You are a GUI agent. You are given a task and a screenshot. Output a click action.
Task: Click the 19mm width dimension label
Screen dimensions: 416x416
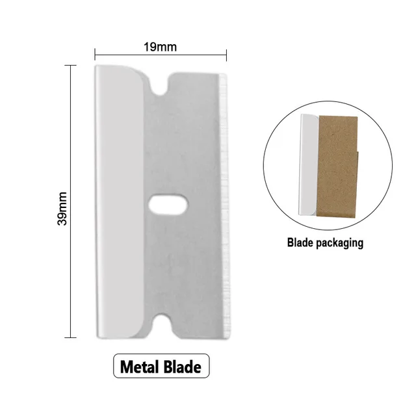161,47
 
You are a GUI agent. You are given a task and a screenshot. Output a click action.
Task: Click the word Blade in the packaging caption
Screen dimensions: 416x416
299,244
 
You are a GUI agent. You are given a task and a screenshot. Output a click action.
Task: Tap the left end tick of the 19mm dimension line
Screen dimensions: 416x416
96,55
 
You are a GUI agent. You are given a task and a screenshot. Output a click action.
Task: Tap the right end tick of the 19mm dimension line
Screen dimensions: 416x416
227,55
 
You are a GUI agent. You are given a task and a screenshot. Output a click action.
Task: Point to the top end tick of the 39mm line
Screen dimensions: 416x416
70,64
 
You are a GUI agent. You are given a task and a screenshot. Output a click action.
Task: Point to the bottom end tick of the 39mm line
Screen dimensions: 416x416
70,337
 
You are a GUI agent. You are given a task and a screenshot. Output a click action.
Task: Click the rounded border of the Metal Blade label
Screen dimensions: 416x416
114,367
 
